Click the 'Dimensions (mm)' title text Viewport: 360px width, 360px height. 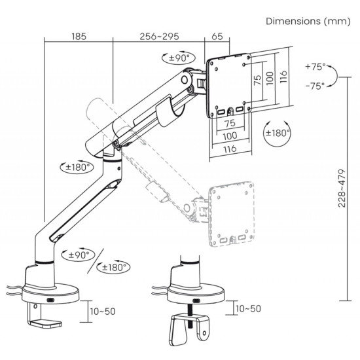[x=308, y=22]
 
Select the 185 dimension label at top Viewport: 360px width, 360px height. [x=79, y=37]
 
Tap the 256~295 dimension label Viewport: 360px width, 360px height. [x=159, y=37]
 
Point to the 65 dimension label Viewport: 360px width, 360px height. [x=217, y=37]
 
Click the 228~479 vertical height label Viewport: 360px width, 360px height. [x=342, y=189]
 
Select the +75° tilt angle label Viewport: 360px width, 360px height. [x=315, y=67]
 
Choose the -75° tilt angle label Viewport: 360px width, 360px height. [x=315, y=86]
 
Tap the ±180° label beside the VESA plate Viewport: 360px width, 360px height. [x=278, y=133]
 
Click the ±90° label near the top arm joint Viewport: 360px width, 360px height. [x=179, y=58]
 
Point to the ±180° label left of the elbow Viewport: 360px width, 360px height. [x=77, y=167]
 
